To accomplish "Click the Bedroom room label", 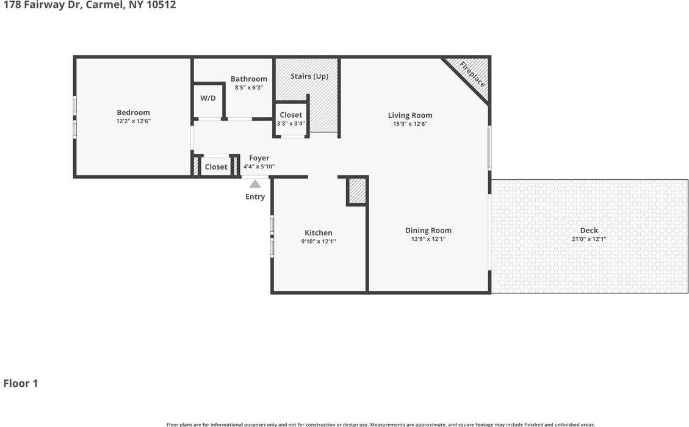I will pos(133,112).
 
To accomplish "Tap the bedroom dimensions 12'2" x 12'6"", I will pos(133,121).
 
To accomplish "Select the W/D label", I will pos(208,98).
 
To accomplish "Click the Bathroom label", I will pos(249,79).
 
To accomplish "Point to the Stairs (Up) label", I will pos(309,76).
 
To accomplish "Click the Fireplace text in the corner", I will pos(472,74).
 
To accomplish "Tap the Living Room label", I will pos(410,115).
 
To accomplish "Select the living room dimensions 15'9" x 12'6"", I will pos(410,124).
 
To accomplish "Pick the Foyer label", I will pos(259,158).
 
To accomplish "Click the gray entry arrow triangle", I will pos(255,184).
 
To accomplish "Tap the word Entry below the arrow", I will pos(255,196).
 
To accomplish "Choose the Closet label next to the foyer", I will pos(216,167).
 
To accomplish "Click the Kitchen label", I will pos(319,232).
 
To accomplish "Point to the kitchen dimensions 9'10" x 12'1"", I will pos(319,242).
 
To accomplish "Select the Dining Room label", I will pos(428,230).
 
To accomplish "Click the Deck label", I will pos(589,230).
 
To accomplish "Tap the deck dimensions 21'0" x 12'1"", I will pos(589,239).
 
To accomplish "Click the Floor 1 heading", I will pos(21,383).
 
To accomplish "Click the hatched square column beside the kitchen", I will pos(357,191).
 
